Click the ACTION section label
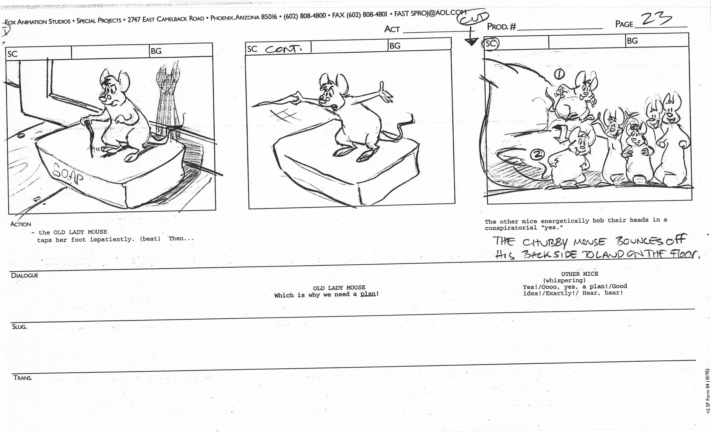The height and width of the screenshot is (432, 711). point(21,224)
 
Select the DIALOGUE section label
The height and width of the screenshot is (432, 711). point(24,275)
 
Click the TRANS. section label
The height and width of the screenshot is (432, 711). point(23,378)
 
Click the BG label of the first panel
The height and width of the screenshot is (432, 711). point(156,51)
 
